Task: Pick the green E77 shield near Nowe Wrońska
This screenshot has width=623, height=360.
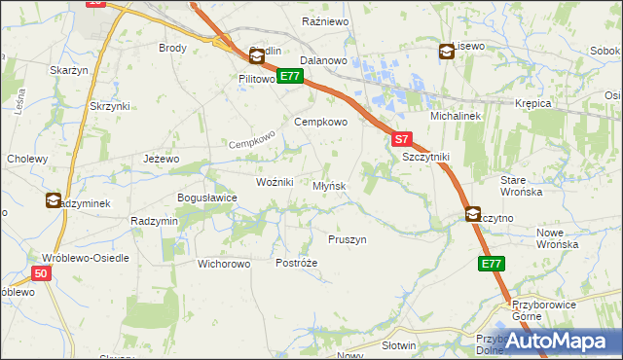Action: click(492, 264)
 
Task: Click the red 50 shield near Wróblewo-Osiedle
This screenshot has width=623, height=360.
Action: click(40, 274)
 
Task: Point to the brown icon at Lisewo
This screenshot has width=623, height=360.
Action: click(446, 52)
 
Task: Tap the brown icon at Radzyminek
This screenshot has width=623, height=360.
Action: click(53, 201)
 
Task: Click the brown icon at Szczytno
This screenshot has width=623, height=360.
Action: click(473, 215)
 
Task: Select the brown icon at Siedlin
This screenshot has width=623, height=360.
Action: click(257, 57)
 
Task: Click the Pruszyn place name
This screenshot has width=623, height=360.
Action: click(348, 239)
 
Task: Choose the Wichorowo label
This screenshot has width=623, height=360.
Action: click(224, 264)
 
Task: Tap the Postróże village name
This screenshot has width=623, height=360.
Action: click(297, 264)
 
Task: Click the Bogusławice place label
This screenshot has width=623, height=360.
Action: click(206, 198)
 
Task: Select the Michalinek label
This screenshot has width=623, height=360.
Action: click(452, 115)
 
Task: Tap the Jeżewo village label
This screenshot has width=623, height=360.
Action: click(162, 159)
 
